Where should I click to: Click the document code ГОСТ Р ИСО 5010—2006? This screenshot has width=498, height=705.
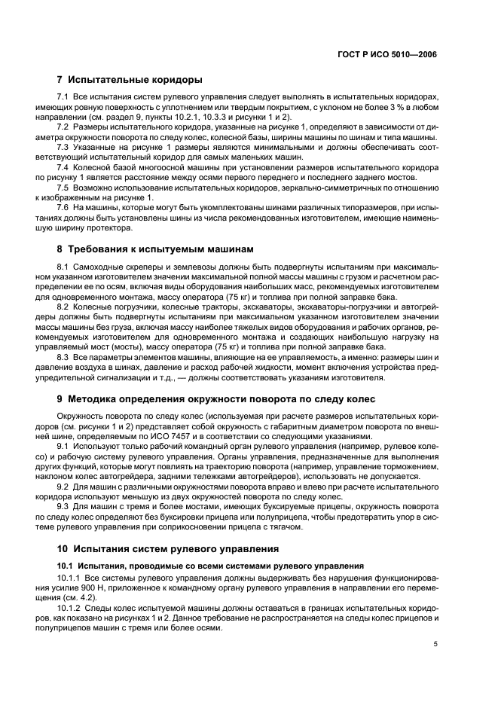(389, 54)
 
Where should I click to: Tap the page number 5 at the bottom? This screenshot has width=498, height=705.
(435, 644)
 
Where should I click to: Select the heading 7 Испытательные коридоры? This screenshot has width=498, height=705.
(129, 80)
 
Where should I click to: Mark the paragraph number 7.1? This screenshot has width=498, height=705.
(63, 99)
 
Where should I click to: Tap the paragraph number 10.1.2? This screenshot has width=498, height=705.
(68, 606)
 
